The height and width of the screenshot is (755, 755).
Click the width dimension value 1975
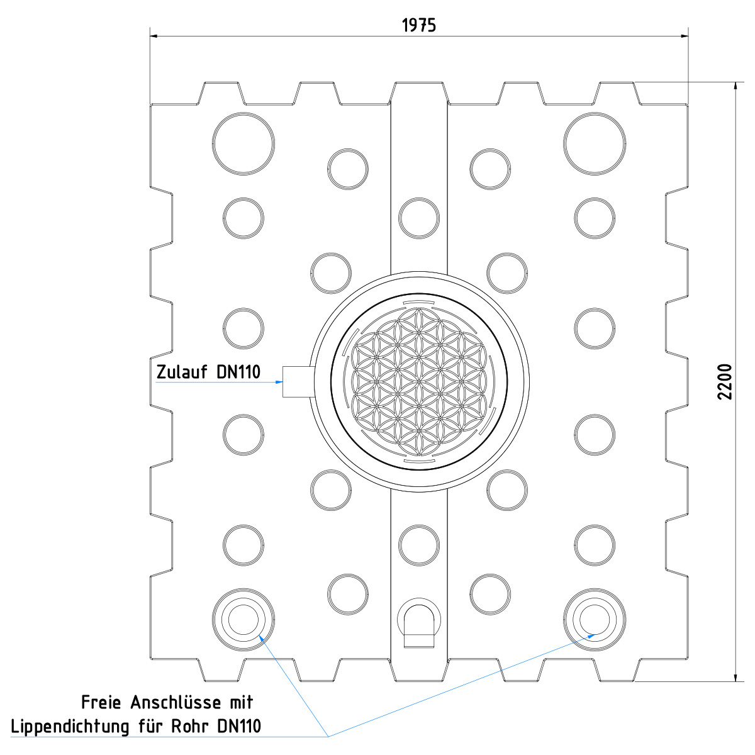click(419, 25)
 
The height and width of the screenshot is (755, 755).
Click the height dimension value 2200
click(725, 381)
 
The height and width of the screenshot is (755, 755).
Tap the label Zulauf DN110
click(208, 372)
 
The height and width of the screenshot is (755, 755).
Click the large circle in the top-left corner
click(243, 143)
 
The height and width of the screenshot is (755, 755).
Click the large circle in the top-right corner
click(595, 143)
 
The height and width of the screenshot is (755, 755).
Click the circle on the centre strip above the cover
click(419, 218)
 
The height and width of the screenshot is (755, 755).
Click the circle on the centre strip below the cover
click(419, 544)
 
